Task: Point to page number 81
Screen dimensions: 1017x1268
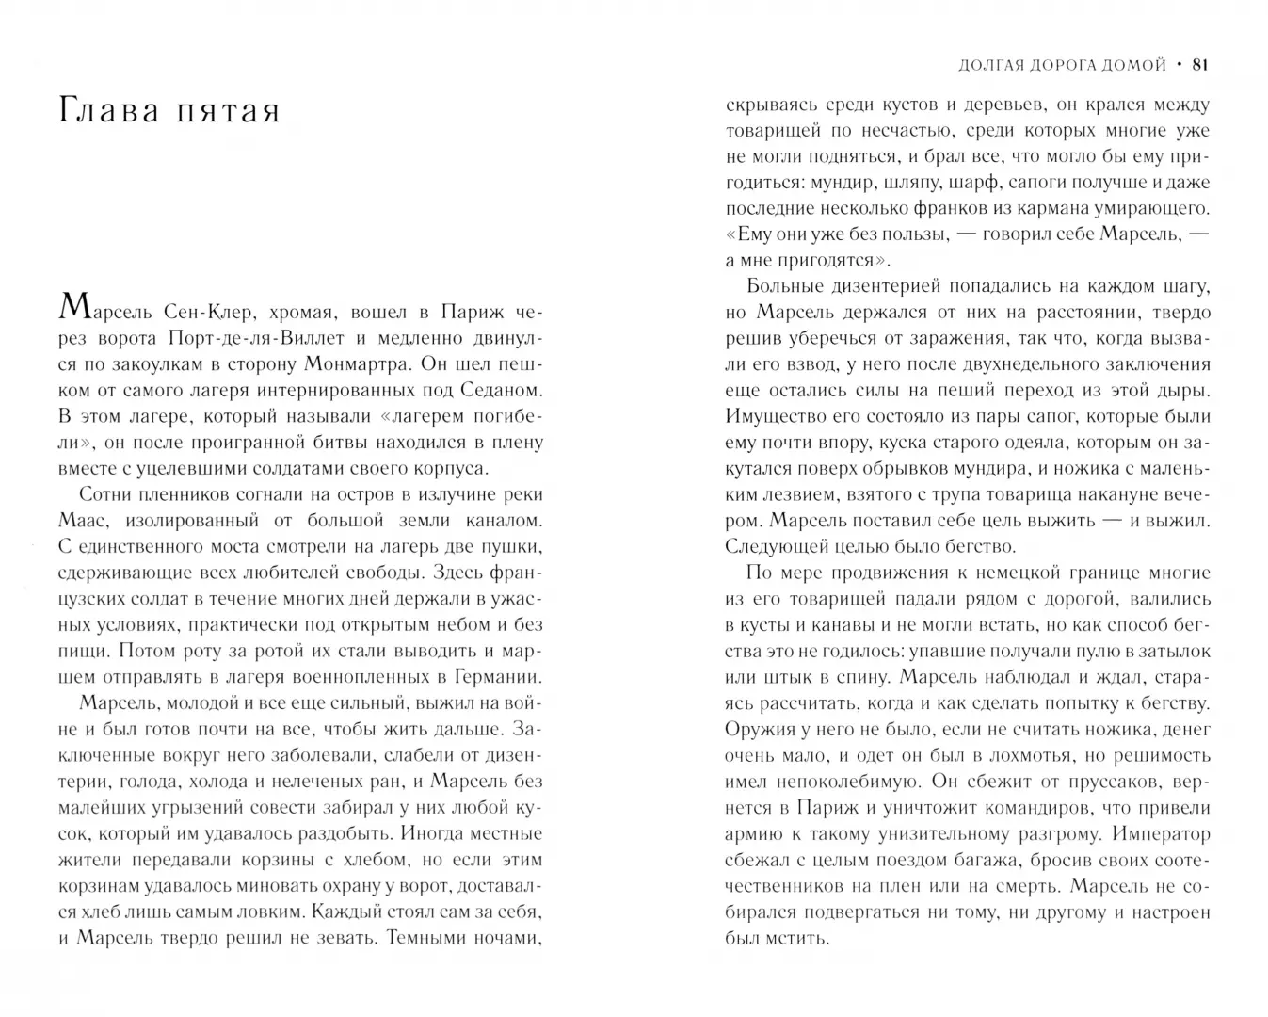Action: (x=1199, y=65)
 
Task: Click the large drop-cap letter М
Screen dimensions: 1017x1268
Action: (x=74, y=307)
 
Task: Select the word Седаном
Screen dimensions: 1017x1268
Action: (x=497, y=390)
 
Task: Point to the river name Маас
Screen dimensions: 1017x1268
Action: (x=86, y=520)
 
